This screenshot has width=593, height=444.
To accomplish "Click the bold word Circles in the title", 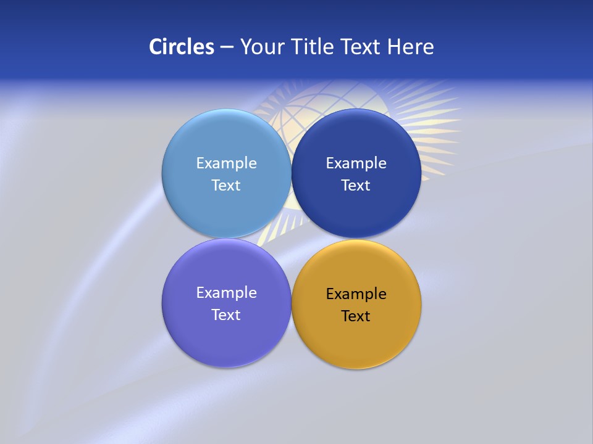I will [181, 47].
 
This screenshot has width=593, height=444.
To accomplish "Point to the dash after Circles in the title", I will [227, 47].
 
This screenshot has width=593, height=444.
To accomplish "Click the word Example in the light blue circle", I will [226, 163].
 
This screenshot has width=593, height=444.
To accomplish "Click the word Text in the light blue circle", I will [226, 186].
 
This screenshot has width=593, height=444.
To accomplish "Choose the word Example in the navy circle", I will [356, 163].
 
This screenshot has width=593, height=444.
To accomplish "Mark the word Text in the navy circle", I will [356, 186].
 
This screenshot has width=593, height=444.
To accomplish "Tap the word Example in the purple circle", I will [226, 293].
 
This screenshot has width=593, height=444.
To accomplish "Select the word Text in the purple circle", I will [226, 315].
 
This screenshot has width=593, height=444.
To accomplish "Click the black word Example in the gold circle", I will [356, 294].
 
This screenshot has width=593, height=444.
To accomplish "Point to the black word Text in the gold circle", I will [356, 316].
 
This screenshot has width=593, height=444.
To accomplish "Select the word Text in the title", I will [361, 47].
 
